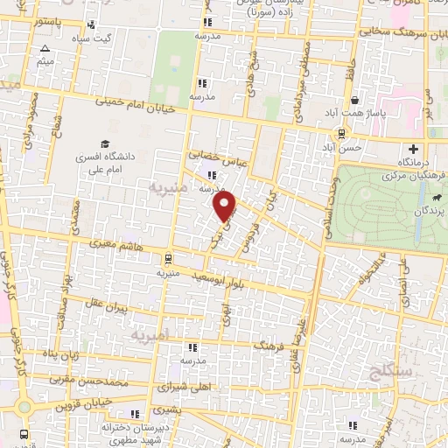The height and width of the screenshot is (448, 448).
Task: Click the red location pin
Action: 226,207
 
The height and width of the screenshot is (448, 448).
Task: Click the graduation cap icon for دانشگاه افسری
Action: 104,143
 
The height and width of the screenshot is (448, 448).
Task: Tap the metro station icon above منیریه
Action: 168,258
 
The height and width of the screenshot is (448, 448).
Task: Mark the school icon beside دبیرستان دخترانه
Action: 134,414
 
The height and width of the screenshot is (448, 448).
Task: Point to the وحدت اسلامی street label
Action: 331,185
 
